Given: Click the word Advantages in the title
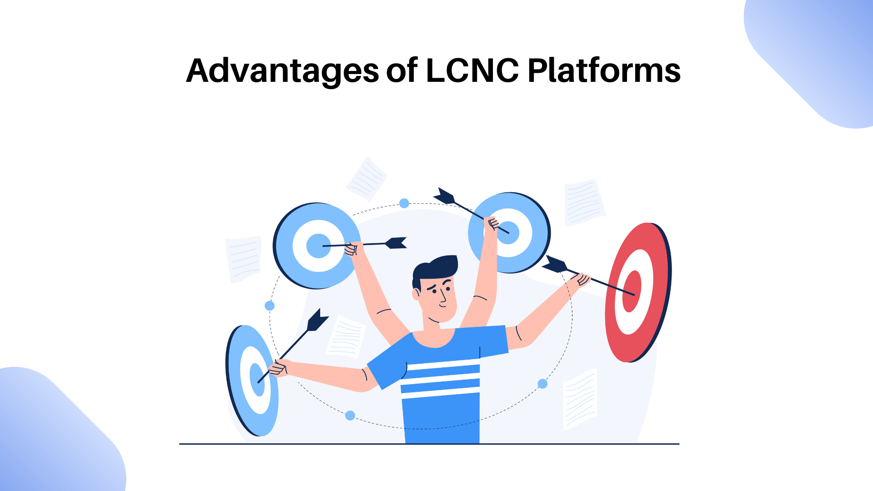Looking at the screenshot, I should [x=282, y=71].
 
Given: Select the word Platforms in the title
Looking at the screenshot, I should [x=604, y=71].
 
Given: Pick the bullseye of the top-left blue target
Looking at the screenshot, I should [x=318, y=246].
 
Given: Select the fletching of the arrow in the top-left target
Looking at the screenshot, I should [x=396, y=243].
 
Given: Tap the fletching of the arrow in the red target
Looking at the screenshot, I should [x=555, y=265].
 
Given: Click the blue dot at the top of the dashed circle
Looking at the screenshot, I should [x=404, y=203].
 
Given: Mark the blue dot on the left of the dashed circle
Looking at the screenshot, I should [x=270, y=306].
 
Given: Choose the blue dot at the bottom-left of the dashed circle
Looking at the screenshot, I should [x=350, y=416].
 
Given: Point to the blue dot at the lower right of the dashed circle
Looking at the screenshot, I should [x=542, y=384].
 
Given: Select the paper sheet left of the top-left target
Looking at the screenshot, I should [x=244, y=258].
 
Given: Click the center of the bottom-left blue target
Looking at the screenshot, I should [x=257, y=379].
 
